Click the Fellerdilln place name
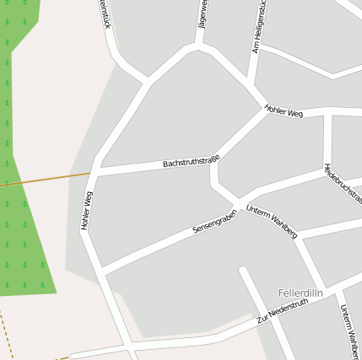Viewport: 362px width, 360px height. (x=300, y=293)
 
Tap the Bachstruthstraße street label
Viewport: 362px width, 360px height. (x=191, y=160)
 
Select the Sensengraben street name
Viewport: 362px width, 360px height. (x=214, y=223)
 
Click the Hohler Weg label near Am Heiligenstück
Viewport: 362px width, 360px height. (x=283, y=110)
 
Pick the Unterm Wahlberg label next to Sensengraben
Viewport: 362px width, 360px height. (x=271, y=222)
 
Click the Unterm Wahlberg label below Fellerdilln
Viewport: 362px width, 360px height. (x=348, y=328)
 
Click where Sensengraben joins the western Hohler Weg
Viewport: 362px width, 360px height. (x=100, y=272)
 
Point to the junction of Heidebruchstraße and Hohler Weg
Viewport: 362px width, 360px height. (x=326, y=111)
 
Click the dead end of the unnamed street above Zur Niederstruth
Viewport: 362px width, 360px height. (x=243, y=271)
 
